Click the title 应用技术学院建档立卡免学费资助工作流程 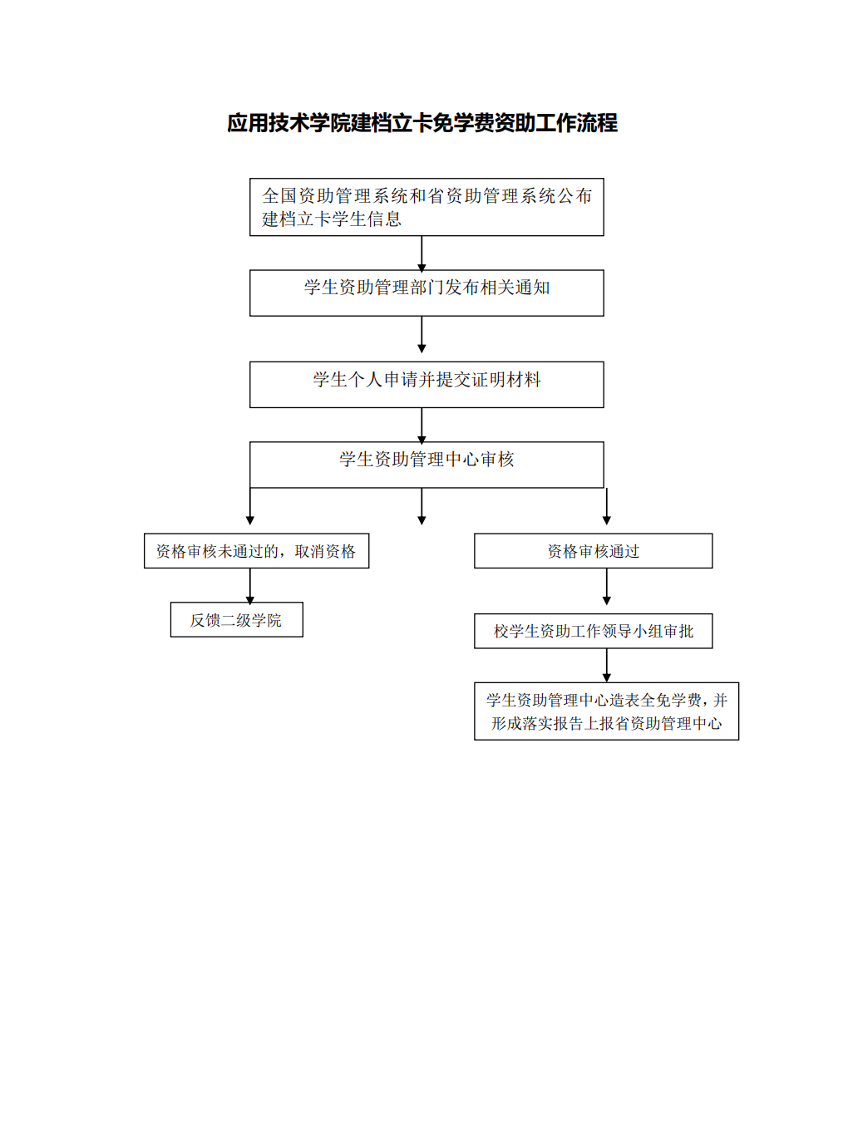pos(422,123)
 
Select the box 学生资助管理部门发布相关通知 pos(426,293)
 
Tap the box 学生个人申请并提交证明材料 pos(426,385)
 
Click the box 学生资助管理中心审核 pos(426,465)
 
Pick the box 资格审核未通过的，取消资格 pos(256,551)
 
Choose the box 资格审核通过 pos(593,551)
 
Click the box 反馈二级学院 pos(237,619)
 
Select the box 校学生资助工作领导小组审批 pos(593,631)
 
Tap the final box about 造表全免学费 pos(606,711)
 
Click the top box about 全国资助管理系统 pos(426,207)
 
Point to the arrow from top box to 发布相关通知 pos(422,253)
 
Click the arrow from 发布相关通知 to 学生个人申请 pos(422,334)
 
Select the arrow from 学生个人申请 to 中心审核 pos(422,426)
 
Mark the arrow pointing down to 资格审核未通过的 pos(250,506)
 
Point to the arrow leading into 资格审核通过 pos(606,506)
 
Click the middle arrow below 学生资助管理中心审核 pos(422,506)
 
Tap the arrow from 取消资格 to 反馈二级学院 pos(250,586)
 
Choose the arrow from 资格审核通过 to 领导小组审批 pos(606,587)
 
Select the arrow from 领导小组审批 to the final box pos(606,665)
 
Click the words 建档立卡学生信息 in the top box pos(332,219)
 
